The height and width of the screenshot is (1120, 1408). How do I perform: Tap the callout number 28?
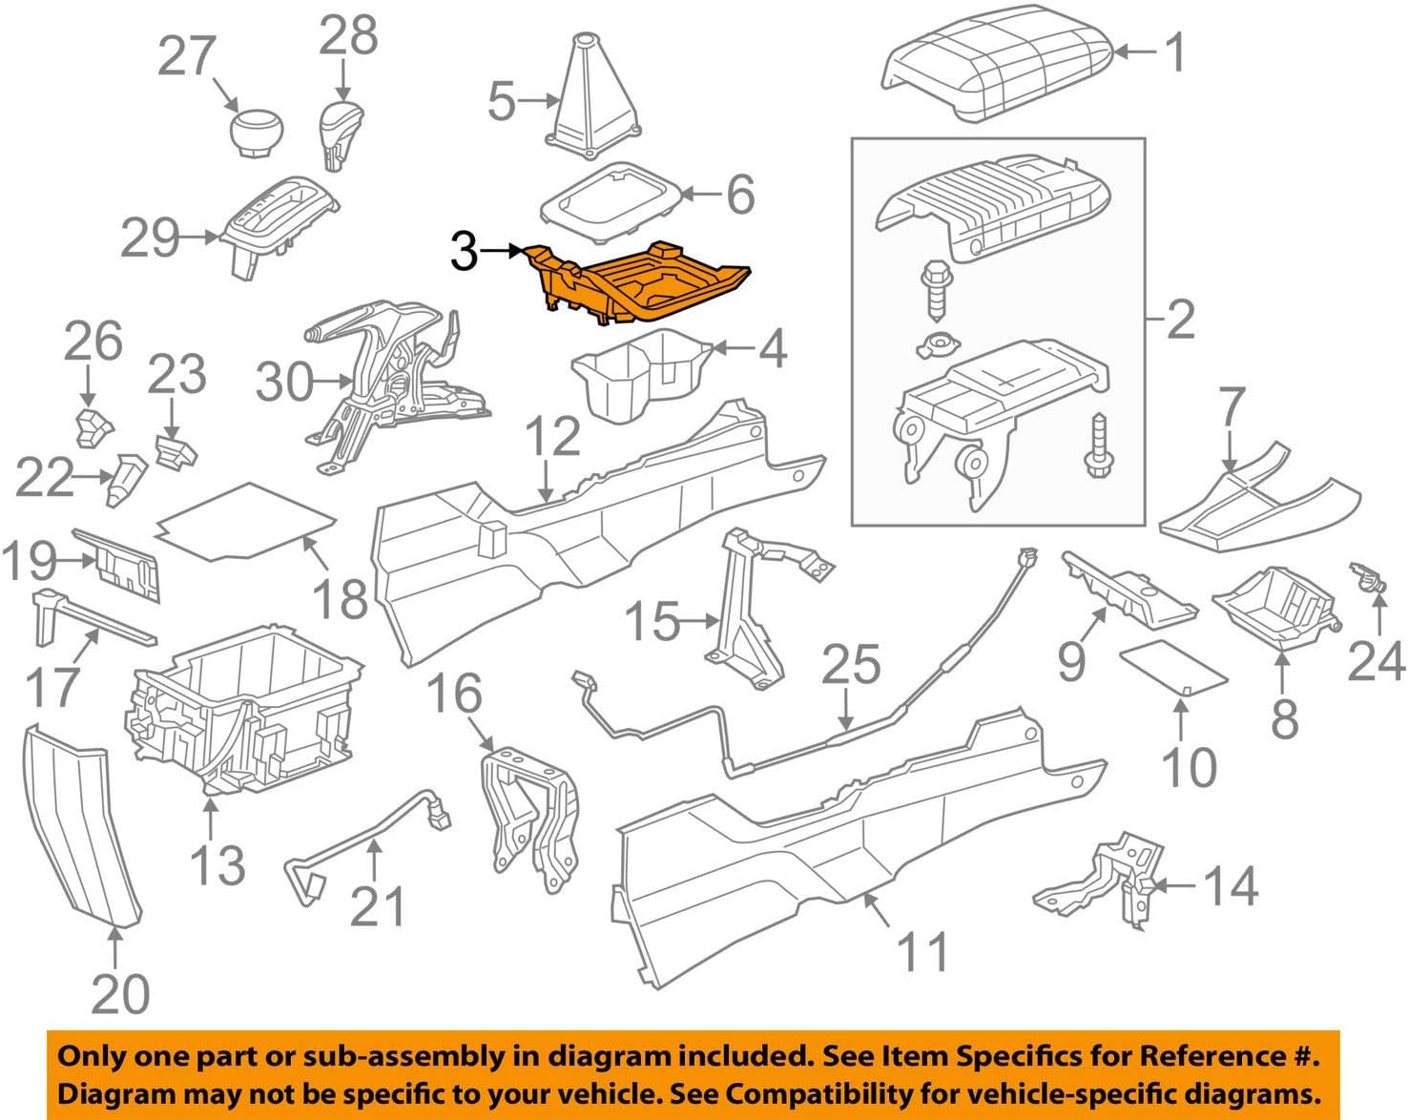coord(348,35)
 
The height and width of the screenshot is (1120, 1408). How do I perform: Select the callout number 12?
coord(552,436)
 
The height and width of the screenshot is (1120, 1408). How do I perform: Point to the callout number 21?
coord(378,906)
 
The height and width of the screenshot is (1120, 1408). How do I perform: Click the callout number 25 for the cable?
coord(851,665)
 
